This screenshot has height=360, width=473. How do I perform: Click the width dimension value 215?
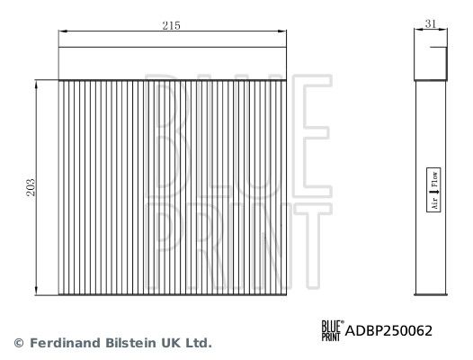[171, 26]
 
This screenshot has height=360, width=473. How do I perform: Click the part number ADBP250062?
[389, 330]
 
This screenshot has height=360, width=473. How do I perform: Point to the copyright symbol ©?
[16, 343]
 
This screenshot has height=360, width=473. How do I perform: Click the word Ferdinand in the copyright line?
[58, 343]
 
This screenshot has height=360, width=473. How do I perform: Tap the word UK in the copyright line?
[165, 343]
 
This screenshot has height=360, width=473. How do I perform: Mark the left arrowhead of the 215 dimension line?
[61, 33]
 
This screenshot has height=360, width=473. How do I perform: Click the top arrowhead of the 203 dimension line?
[36, 80]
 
